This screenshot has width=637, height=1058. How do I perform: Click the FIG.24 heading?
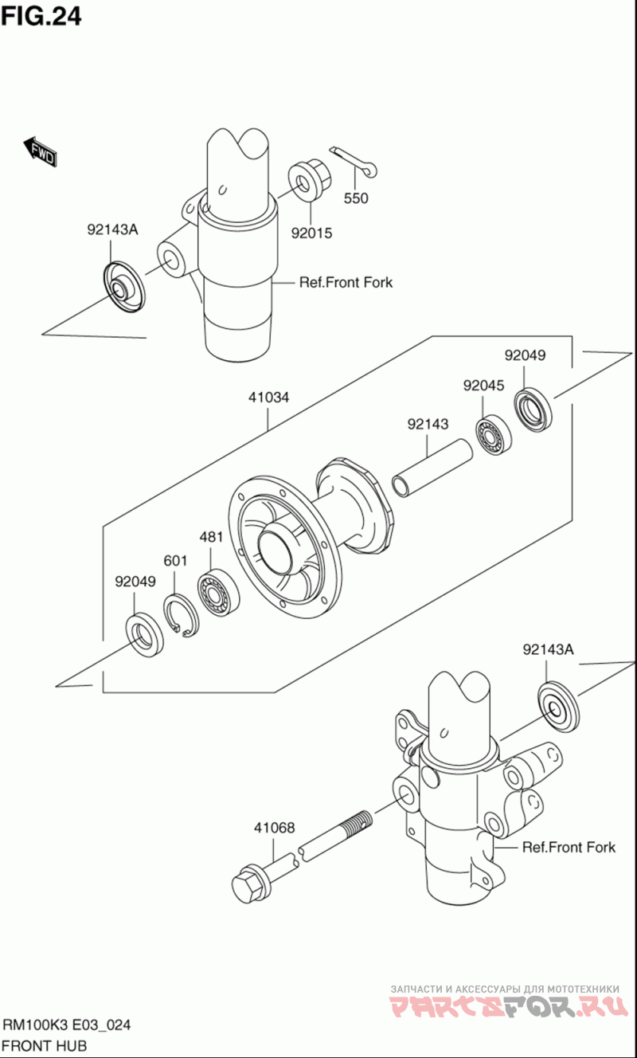click(x=41, y=16)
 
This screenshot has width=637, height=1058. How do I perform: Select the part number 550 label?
click(x=356, y=198)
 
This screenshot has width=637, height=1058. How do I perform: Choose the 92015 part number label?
click(x=311, y=233)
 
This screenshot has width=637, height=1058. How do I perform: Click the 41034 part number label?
click(x=268, y=396)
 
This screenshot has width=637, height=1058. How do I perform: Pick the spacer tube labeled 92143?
click(x=432, y=470)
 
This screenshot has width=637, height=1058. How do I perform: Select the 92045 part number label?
click(x=483, y=386)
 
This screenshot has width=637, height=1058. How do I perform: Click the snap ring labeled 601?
click(x=185, y=615)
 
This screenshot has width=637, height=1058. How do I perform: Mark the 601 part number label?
click(x=175, y=561)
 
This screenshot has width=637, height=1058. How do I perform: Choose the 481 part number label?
click(x=210, y=537)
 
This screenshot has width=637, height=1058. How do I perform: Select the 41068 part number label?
click(x=274, y=829)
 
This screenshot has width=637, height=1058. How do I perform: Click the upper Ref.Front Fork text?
click(x=346, y=282)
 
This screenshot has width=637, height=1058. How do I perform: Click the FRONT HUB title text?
click(x=45, y=1045)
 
